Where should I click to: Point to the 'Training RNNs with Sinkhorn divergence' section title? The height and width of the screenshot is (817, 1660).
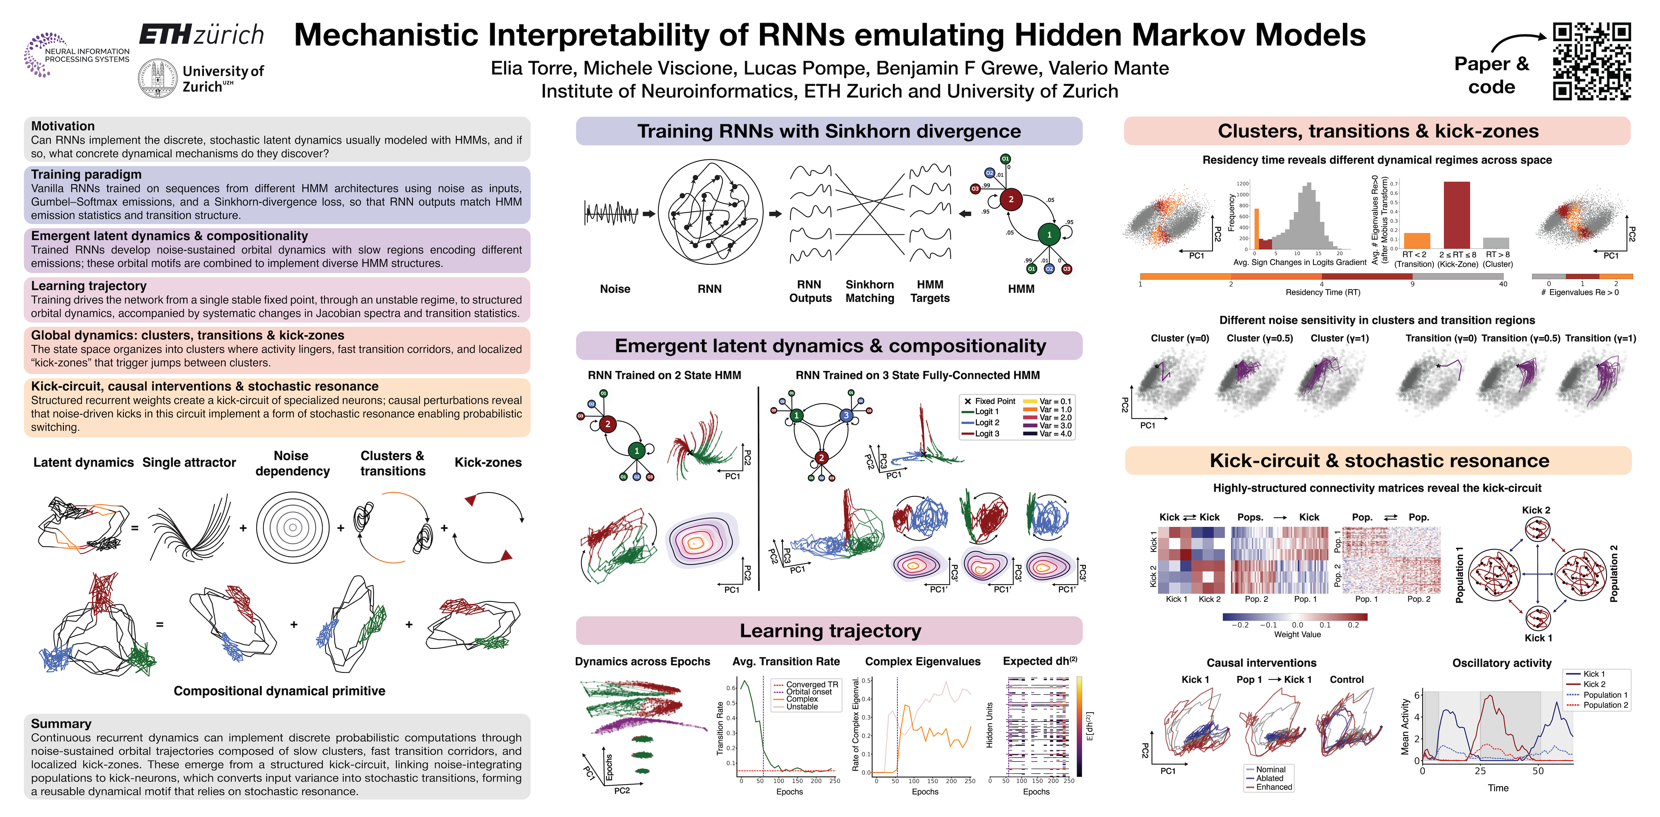829,131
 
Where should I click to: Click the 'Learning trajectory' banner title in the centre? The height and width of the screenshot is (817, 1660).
830,631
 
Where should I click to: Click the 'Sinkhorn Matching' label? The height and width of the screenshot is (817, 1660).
869,291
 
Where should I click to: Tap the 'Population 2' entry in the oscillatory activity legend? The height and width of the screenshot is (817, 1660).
1605,705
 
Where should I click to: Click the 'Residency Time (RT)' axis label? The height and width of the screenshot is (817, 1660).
1322,292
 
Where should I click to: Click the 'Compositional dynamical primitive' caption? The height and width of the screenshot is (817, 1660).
279,691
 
